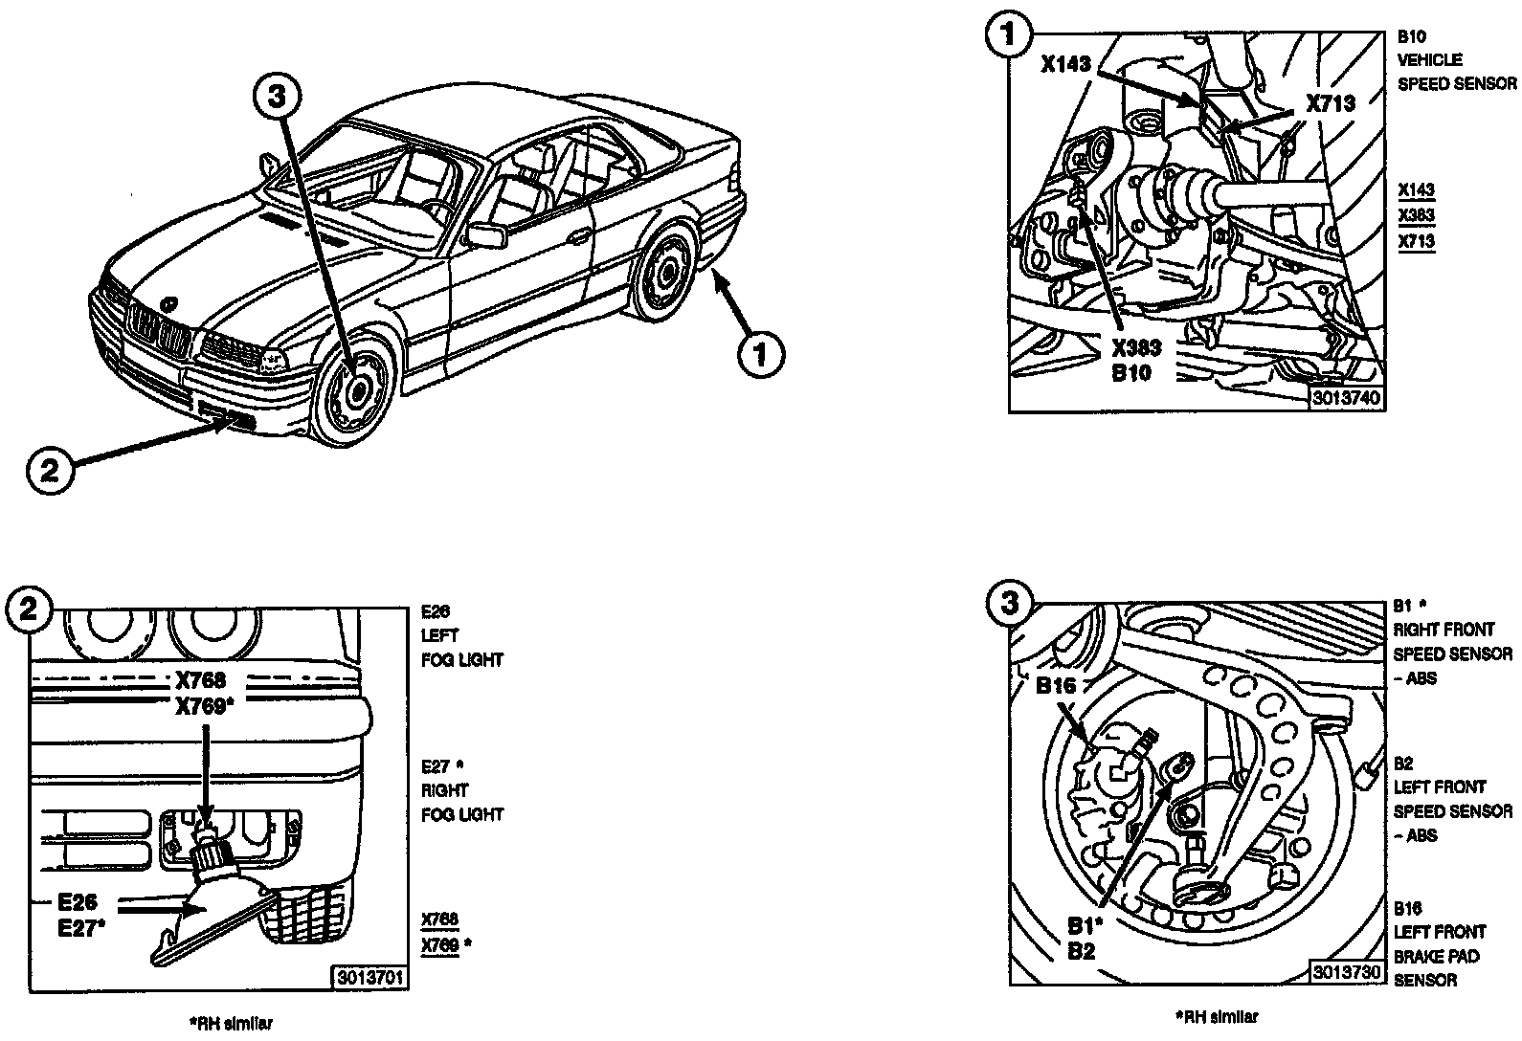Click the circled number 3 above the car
coord(277,97)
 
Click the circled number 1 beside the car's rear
coord(761,356)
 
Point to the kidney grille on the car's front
coord(159,336)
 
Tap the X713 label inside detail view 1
coord(1331,103)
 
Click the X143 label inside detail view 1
coord(1065,64)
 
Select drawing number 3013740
coord(1347,398)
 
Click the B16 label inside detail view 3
coord(1056,685)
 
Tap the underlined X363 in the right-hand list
coord(1416,215)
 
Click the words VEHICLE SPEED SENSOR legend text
coord(1456,72)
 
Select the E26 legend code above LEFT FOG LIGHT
coord(435,611)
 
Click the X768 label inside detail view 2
coord(200,680)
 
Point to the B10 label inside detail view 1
coord(1131,373)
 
